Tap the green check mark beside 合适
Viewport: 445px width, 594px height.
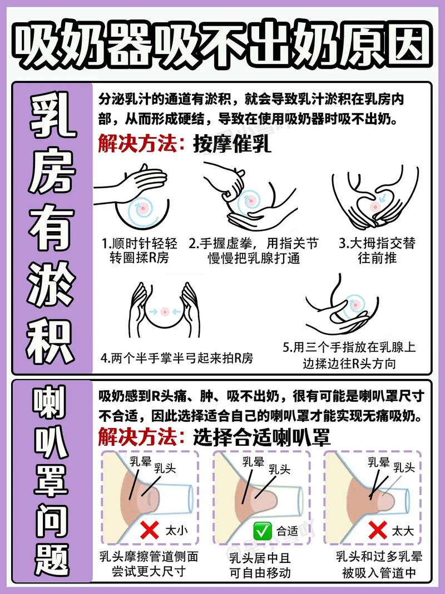tap(263, 531)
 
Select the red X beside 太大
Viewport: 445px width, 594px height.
tap(378, 530)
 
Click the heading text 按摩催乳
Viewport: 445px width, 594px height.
tap(232, 144)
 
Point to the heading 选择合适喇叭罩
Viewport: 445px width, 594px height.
tap(261, 437)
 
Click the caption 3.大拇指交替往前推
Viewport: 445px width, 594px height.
tap(377, 250)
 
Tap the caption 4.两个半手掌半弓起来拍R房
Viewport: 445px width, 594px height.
tap(177, 358)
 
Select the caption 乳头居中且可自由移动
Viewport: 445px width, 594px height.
tap(260, 565)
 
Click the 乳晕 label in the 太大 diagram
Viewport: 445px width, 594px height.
tap(378, 462)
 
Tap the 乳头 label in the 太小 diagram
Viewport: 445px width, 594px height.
tap(165, 468)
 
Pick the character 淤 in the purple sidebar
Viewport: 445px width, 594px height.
tap(51, 284)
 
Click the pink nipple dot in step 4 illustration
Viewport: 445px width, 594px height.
tap(165, 312)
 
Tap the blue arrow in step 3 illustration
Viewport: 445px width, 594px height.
tap(382, 197)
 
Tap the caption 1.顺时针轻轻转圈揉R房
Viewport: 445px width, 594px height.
tap(139, 250)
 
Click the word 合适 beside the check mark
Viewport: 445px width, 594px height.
tap(288, 531)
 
